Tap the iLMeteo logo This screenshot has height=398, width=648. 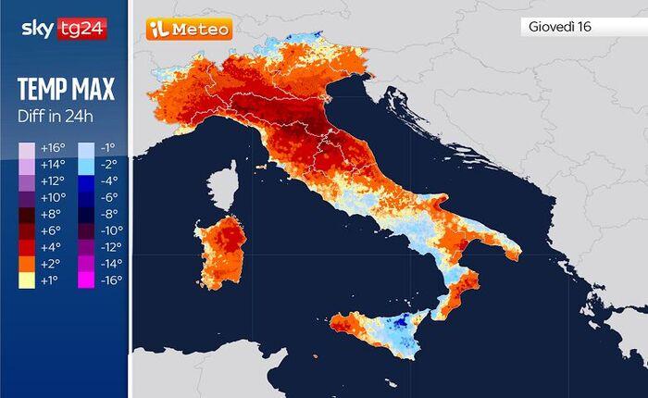(x=189, y=30)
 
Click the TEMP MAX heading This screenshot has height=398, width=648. (x=65, y=90)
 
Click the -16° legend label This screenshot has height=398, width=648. (x=111, y=280)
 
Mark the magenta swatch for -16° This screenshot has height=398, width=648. (x=86, y=280)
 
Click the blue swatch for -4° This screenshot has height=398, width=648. (x=86, y=181)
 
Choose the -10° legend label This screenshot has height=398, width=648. (x=111, y=230)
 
